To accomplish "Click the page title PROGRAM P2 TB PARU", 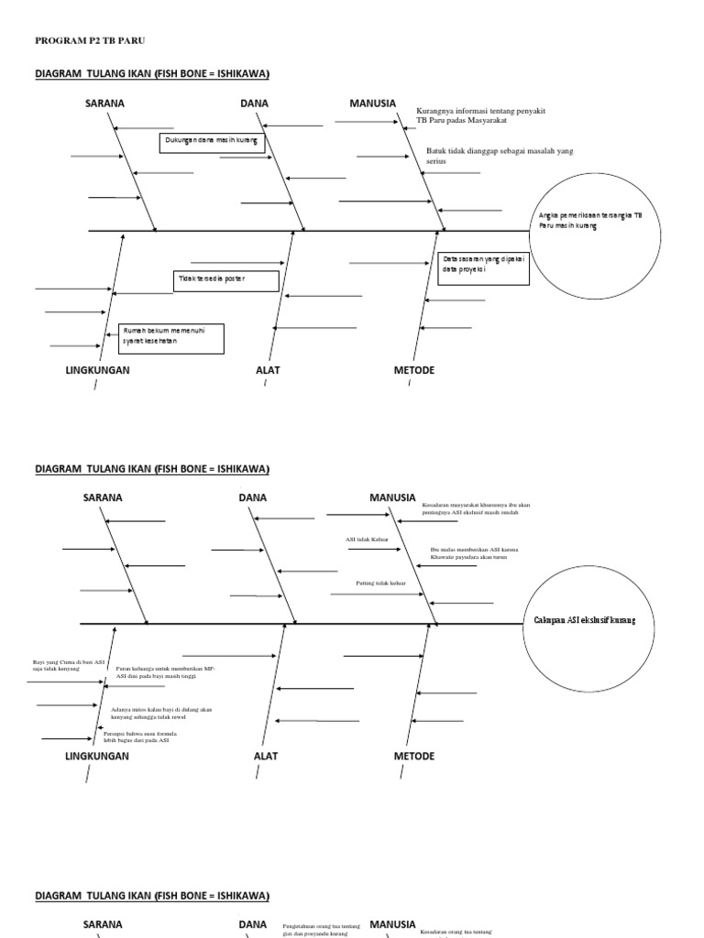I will (90, 41).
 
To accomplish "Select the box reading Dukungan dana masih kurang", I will (212, 142).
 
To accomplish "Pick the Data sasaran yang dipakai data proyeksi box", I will (483, 267).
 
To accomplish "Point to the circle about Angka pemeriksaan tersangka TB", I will (593, 231).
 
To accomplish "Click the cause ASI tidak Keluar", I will (367, 540).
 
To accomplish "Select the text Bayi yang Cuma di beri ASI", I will (69, 665).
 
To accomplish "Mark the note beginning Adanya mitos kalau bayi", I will (161, 713).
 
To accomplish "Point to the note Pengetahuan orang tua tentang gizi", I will (321, 929).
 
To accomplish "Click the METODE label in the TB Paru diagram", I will (414, 370).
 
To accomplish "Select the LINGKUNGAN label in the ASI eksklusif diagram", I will (97, 757).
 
